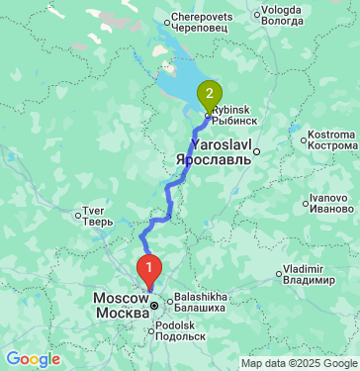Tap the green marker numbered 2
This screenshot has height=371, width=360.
tap(209, 95)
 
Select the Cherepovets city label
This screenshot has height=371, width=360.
tap(201, 24)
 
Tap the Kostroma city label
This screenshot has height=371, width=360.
tap(331, 139)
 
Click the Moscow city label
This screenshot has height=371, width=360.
tap(121, 305)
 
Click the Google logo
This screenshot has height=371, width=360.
tap(33, 359)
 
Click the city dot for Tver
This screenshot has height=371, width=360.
tap(79, 213)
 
